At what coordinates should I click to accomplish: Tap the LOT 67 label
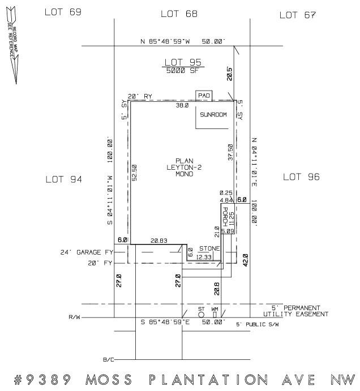pos(297,15)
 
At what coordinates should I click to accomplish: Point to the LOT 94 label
pos(63,179)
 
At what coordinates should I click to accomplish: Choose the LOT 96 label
pos(301,177)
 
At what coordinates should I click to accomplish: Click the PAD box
pos(203,96)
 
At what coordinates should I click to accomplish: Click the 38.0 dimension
pos(182,105)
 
